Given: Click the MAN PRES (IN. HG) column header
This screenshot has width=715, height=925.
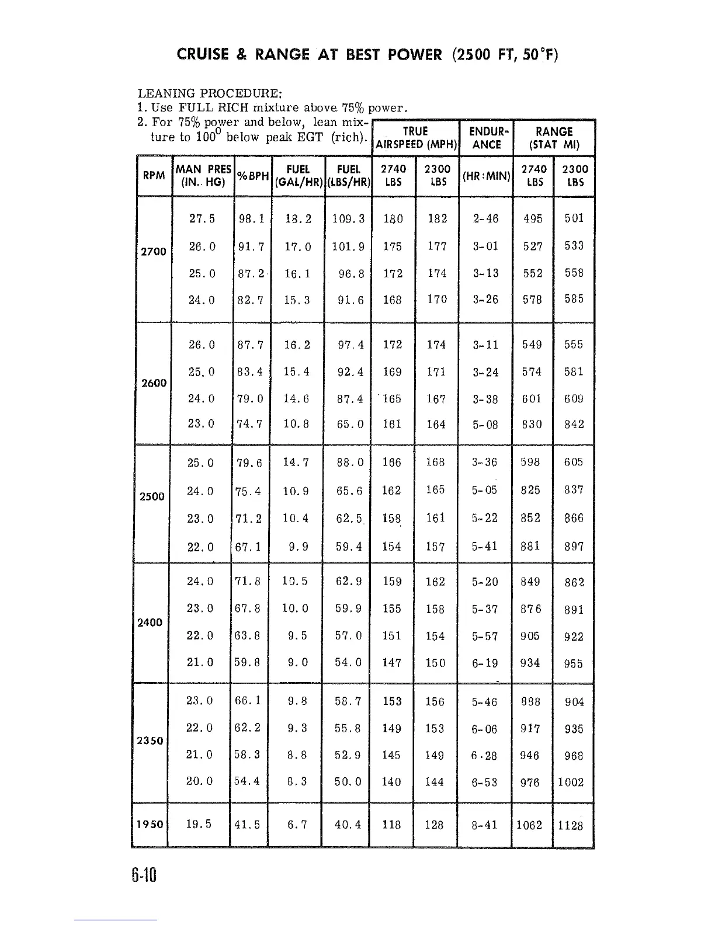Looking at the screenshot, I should pos(203,175).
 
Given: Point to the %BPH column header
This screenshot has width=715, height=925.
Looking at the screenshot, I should pos(251,175).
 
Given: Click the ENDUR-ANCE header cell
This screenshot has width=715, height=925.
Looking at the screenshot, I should pos(486,137).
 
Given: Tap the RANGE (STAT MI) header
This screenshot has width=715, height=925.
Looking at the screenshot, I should pos(553,137).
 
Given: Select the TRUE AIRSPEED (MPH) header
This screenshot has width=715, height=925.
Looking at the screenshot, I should pos(415,137).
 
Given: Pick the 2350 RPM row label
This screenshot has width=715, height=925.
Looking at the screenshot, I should pos(150,740).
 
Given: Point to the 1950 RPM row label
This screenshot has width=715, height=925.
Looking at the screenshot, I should pos(150,825).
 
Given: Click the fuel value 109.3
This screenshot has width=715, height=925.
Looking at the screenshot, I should pos(348,219).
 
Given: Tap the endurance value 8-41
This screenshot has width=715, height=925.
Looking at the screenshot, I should pos(485,825).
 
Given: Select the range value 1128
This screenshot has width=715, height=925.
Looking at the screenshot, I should pos(570,825).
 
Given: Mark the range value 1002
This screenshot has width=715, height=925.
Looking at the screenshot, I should pos(570,782).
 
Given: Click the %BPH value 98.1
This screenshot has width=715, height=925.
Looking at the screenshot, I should pos(252,219).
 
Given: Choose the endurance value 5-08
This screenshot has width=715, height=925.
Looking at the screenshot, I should pos(485,425).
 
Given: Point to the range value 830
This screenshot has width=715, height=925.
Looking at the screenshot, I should pos(532,425).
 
